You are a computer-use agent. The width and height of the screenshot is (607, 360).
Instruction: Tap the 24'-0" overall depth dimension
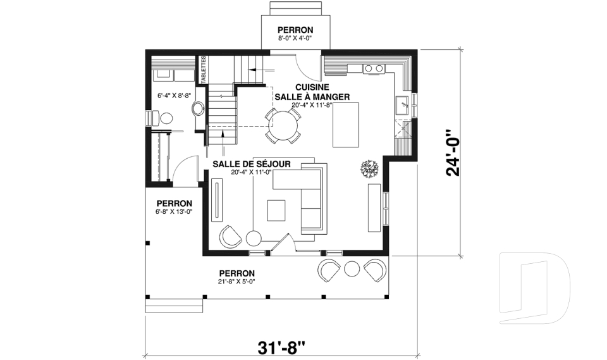[453, 152]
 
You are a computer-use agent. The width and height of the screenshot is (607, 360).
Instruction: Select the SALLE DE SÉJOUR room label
[252, 164]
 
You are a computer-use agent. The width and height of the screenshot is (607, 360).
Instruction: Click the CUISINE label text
[312, 87]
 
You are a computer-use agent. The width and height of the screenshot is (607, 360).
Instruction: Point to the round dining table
[284, 125]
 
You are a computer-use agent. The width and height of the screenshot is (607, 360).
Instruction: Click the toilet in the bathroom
[162, 118]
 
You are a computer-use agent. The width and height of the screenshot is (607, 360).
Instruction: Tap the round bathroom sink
[199, 108]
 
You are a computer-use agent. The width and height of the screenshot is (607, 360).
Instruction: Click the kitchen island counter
[346, 125]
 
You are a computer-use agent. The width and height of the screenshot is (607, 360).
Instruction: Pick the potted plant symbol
[369, 169]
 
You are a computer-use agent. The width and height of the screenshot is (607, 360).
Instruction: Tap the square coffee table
[276, 211]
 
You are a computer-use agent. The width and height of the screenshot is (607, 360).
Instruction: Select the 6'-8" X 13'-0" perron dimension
[175, 211]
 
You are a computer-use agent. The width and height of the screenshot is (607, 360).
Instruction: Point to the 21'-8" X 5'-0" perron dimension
[236, 282]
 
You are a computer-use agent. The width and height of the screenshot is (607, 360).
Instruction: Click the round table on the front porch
[352, 268]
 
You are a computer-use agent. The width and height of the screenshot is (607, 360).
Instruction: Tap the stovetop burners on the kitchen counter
[374, 68]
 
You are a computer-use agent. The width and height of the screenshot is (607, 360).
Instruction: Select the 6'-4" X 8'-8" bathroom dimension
[175, 96]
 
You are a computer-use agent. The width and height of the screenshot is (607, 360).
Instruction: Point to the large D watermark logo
[534, 288]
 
